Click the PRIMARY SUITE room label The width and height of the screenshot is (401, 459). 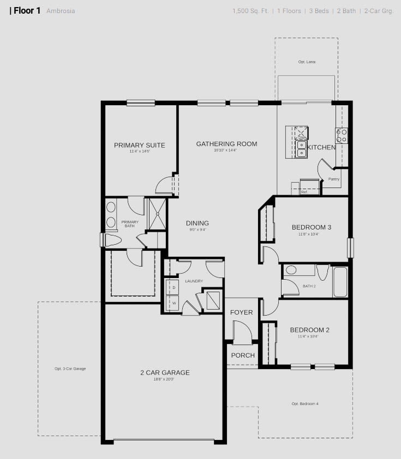coord(139,145)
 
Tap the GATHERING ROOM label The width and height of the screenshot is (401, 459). coord(226,144)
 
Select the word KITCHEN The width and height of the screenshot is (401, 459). coord(321,147)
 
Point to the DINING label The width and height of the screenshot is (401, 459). coord(197,223)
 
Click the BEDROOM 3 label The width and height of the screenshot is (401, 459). coord(312,227)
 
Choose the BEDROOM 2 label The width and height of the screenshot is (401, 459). coord(309,330)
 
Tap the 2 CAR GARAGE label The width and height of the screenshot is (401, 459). coord(165,373)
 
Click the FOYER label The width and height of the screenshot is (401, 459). coord(241,312)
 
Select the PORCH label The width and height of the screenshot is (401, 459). coord(243,355)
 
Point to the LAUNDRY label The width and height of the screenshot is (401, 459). coord(194,281)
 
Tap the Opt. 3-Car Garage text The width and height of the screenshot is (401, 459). coord(70,369)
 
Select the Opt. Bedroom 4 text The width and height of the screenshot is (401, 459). coord(305,403)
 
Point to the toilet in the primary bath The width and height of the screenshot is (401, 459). coord(112,240)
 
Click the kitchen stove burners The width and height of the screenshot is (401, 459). coord(342,135)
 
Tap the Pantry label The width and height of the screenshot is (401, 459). coord(334,179)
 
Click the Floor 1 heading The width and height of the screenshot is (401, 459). coord(25,10)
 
